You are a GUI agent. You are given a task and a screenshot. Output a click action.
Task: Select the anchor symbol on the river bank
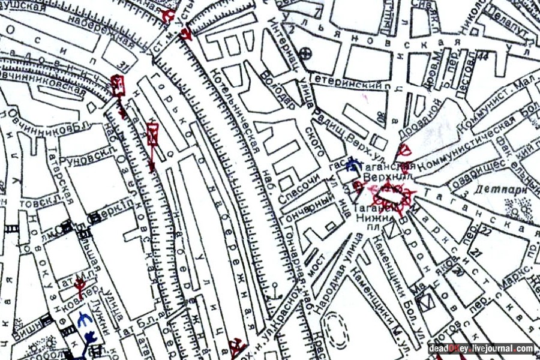point(275,295)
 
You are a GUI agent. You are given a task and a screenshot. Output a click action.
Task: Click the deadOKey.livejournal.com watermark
point(481,348)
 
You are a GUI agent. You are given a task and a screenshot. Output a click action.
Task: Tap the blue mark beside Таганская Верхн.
point(353,163)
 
